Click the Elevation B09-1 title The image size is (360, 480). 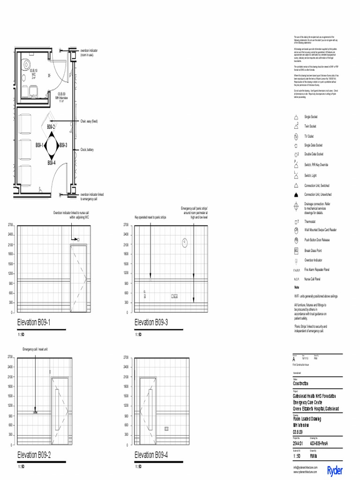point(33,322)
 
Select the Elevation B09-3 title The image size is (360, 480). point(151,322)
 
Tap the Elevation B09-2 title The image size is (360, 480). point(34,455)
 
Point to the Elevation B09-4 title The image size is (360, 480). point(151,455)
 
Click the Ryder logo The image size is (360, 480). point(335,470)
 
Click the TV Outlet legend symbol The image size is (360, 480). point(296,136)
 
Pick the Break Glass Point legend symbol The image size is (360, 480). point(296,250)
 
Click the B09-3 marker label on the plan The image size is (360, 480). point(63,145)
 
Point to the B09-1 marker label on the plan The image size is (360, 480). point(39,145)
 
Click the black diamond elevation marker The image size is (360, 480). point(52,145)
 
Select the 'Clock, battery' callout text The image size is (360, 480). point(87,150)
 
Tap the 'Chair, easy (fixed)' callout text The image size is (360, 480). point(89,121)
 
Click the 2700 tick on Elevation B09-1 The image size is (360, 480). point(10,225)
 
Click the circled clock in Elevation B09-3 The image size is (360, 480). point(185,242)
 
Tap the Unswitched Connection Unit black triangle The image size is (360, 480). point(296,194)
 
